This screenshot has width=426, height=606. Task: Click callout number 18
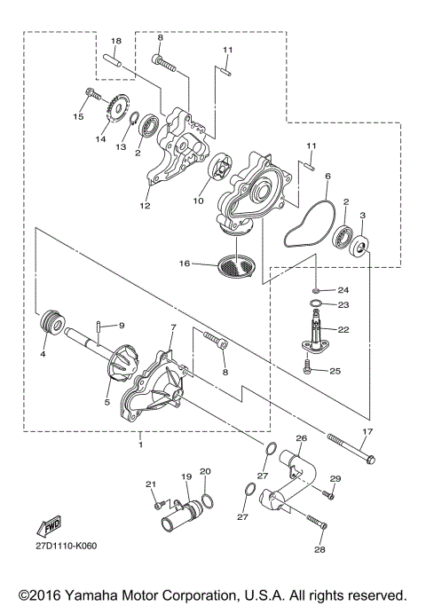115,42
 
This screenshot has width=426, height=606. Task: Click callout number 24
343,290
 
